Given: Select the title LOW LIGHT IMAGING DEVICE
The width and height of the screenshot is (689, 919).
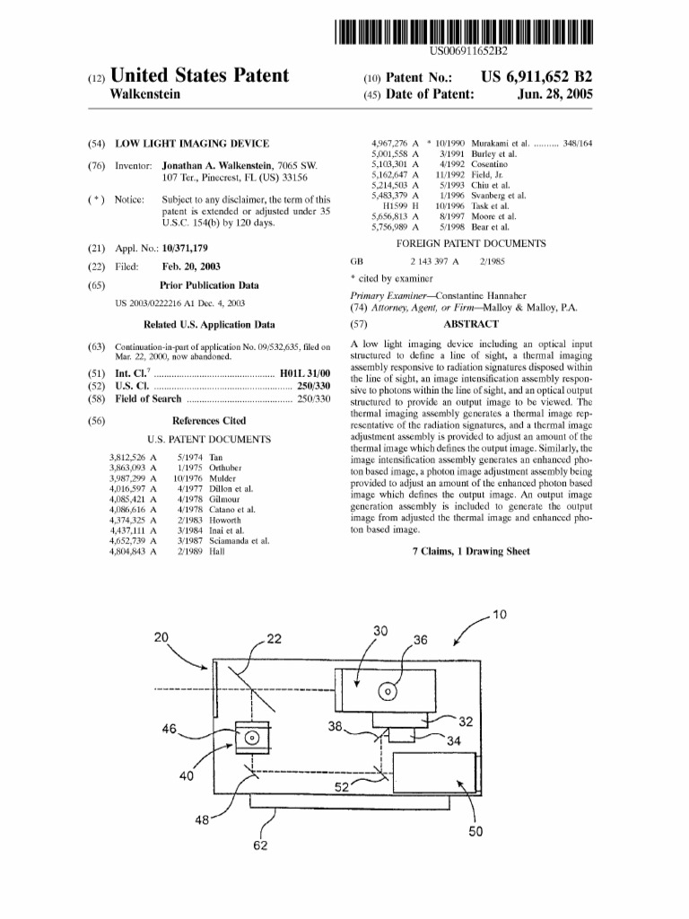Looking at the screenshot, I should click(191, 143).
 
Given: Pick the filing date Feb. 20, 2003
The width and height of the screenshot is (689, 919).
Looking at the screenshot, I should click(191, 267).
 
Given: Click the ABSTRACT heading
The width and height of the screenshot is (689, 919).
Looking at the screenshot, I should click(473, 324).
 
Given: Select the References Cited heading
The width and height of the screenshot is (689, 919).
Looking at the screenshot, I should click(208, 420).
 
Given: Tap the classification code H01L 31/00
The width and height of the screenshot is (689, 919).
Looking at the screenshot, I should click(306, 372).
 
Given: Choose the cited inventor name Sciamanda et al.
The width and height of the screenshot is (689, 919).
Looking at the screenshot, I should click(240, 541).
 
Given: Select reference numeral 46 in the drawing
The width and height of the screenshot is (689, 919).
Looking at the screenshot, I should click(170, 729).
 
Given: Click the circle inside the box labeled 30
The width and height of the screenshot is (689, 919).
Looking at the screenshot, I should click(388, 691).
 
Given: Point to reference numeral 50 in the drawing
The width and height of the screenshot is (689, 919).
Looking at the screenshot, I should click(475, 831).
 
